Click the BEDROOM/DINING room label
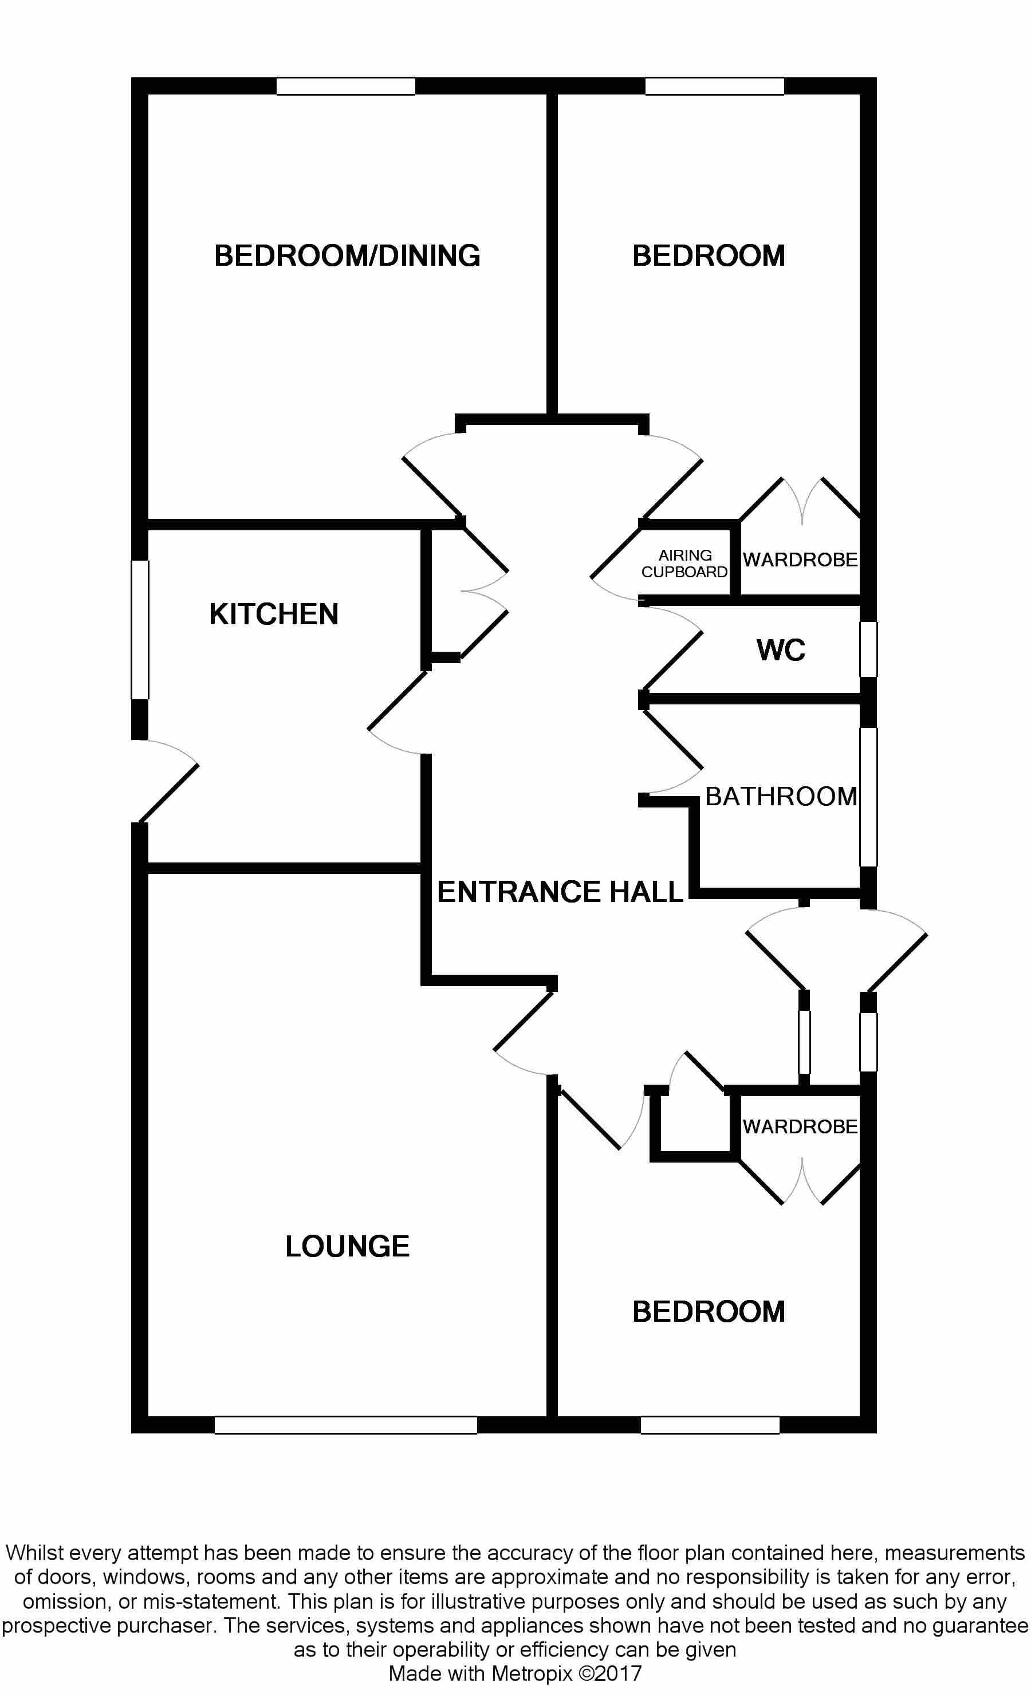pos(347,256)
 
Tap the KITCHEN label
pos(274,614)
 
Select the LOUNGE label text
pos(347,1246)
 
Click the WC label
pos(781,649)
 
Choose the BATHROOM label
pos(781,796)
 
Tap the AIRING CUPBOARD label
pos(684,564)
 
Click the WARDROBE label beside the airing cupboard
pos(801,560)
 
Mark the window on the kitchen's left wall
pos(140,630)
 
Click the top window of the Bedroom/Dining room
pos(345,86)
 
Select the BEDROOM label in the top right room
pos(709,256)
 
